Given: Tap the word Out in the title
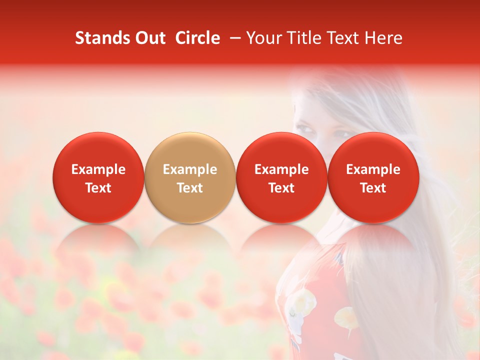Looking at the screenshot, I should point(148,38).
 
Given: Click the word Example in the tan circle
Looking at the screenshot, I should point(190,169).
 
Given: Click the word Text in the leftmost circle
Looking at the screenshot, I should point(98,188).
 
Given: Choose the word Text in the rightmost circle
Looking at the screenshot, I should point(373,188).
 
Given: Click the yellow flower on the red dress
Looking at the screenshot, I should point(345,317).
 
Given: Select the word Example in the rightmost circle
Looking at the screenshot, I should point(373,169).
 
